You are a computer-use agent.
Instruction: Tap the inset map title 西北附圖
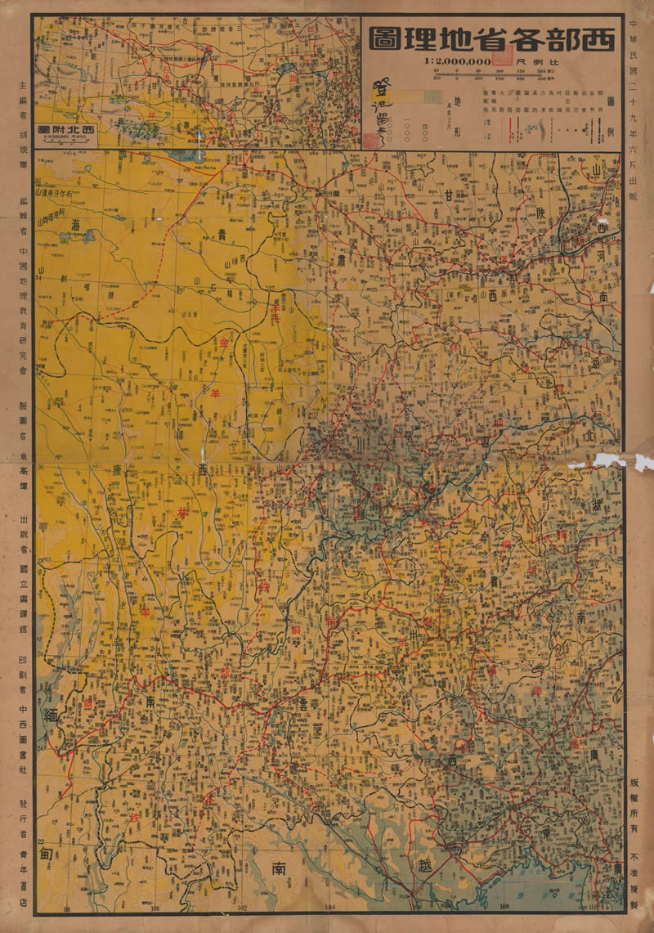pos(68,129)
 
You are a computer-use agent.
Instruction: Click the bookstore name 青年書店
pos(23,878)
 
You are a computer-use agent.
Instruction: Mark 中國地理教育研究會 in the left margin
pos(23,311)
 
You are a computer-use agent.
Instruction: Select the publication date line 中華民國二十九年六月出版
pos(637,106)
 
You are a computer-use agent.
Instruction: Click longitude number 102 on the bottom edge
pos(242,908)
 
